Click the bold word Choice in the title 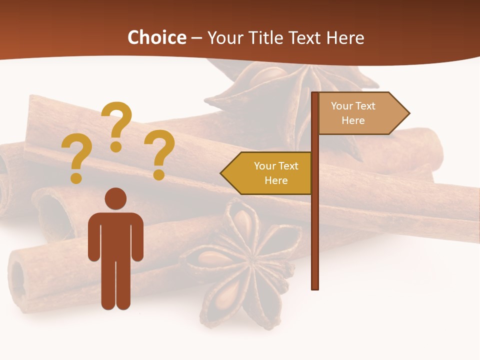point(156,37)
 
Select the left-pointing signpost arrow point(267,173)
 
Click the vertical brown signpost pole point(315,225)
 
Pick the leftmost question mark point(76,155)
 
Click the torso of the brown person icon point(115,235)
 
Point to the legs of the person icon point(115,285)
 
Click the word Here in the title point(345,37)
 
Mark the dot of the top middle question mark point(116,146)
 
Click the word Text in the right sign point(365,106)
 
